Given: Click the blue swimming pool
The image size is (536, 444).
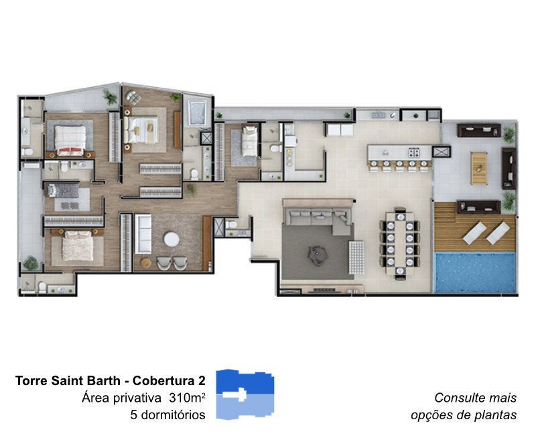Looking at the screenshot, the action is pyautogui.click(x=475, y=273).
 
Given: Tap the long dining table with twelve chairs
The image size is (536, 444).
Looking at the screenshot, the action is pyautogui.click(x=400, y=244).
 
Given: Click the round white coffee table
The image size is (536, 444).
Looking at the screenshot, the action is pyautogui.click(x=172, y=239).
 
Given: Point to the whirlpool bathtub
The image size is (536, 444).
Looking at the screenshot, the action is pyautogui.click(x=197, y=113).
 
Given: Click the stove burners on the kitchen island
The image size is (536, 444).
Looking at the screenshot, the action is pyautogui.click(x=414, y=152).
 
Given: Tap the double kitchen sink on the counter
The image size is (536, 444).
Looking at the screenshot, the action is pyautogui.click(x=379, y=115).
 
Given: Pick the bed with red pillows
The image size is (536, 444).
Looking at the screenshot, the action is pyautogui.click(x=70, y=141).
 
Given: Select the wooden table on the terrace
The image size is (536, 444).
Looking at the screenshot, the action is pyautogui.click(x=478, y=169).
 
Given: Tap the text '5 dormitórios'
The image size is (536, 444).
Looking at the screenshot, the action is pyautogui.click(x=168, y=415).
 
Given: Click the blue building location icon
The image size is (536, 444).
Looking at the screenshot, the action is pyautogui.click(x=245, y=394).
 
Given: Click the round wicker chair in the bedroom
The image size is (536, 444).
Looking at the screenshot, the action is pyautogui.click(x=133, y=97).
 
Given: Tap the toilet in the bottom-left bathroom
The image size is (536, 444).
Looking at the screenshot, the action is pyautogui.click(x=42, y=287).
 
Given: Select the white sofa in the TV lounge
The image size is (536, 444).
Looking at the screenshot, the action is pyautogui.click(x=143, y=234).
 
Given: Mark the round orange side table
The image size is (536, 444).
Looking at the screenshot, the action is pyautogui.click(x=146, y=263).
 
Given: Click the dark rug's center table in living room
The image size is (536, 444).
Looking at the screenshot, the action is pyautogui.click(x=318, y=254).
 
